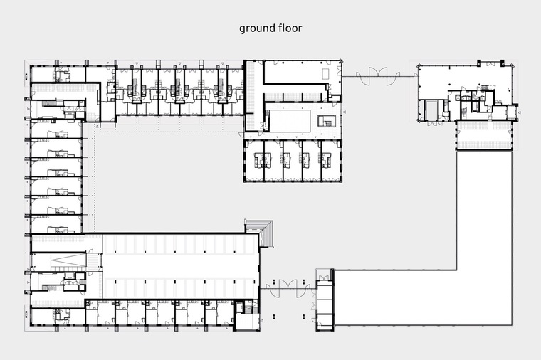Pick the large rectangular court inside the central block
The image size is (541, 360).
point(290,121)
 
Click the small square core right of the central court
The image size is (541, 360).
point(327,121)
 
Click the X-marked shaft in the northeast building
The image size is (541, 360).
point(458,98)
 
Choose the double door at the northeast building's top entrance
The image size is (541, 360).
point(490,63)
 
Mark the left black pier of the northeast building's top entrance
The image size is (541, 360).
point(479,63)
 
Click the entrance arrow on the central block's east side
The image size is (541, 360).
point(344,112)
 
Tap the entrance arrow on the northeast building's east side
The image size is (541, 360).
point(519,112)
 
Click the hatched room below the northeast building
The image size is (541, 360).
point(485,135)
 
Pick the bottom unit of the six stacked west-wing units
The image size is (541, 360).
point(56,225)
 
